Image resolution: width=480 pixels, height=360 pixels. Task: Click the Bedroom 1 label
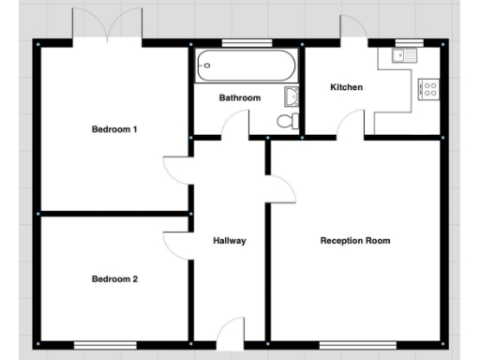[x=114, y=129]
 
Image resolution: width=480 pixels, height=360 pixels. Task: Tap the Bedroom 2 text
[x=114, y=278]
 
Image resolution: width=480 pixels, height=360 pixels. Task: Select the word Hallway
[x=229, y=241]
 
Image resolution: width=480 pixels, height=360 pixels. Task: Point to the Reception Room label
[x=355, y=241]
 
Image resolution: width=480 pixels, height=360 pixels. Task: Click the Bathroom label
[x=240, y=97]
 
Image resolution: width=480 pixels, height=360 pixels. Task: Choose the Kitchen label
[x=346, y=87]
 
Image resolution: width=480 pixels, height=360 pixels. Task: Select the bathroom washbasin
[x=292, y=96]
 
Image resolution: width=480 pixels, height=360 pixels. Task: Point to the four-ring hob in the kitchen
[x=430, y=90]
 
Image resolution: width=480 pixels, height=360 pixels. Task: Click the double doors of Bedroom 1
[x=110, y=26]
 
